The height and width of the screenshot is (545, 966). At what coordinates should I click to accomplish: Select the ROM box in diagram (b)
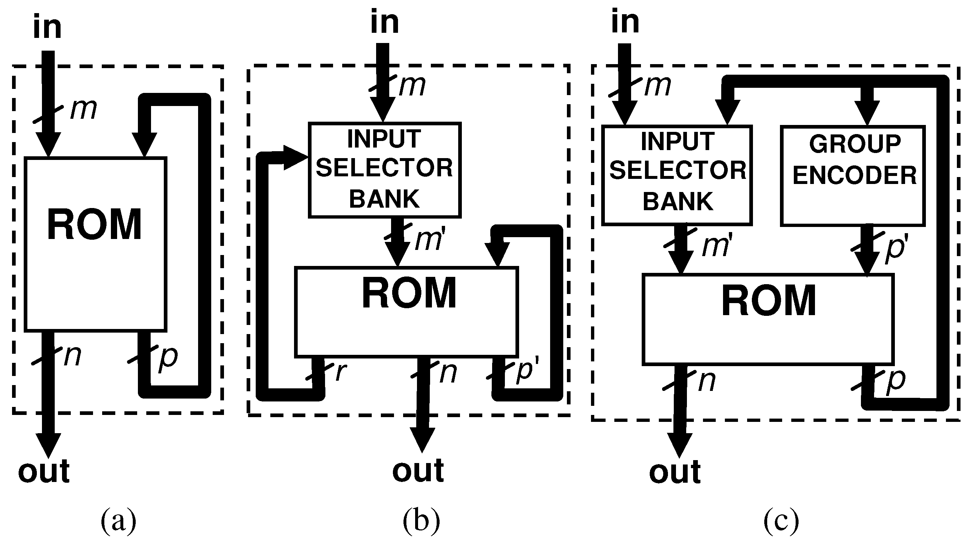407,311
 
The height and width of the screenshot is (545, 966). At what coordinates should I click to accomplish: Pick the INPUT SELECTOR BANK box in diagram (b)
385,170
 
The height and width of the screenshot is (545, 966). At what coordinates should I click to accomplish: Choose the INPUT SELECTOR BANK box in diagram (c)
677,175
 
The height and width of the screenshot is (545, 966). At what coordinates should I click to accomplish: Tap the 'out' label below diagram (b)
418,470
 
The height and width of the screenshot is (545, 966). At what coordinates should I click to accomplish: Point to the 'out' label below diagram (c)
675,472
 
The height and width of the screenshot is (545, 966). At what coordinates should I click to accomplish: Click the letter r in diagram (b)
340,372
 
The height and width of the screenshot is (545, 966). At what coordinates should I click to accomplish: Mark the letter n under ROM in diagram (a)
73,356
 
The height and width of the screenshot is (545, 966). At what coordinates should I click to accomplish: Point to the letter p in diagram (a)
169,358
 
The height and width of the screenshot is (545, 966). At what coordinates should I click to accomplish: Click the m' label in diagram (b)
430,240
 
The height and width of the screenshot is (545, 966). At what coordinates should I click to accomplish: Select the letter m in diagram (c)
657,86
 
